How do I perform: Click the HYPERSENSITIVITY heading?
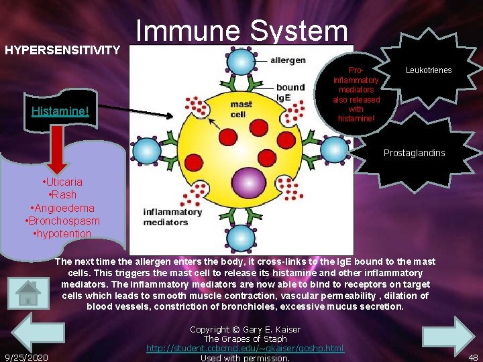point(62,50)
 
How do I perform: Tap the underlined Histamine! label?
point(60,110)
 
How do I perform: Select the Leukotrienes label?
point(429,70)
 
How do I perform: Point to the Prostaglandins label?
point(414,154)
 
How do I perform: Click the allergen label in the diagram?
point(288,61)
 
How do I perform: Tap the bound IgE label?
point(290,91)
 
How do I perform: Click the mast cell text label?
point(241,109)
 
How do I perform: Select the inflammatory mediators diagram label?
point(172,217)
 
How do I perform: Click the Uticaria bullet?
point(62,182)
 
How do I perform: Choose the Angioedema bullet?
point(62,208)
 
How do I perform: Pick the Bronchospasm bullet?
point(62,221)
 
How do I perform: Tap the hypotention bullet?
point(62,233)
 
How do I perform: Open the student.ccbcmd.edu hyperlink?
point(245,349)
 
